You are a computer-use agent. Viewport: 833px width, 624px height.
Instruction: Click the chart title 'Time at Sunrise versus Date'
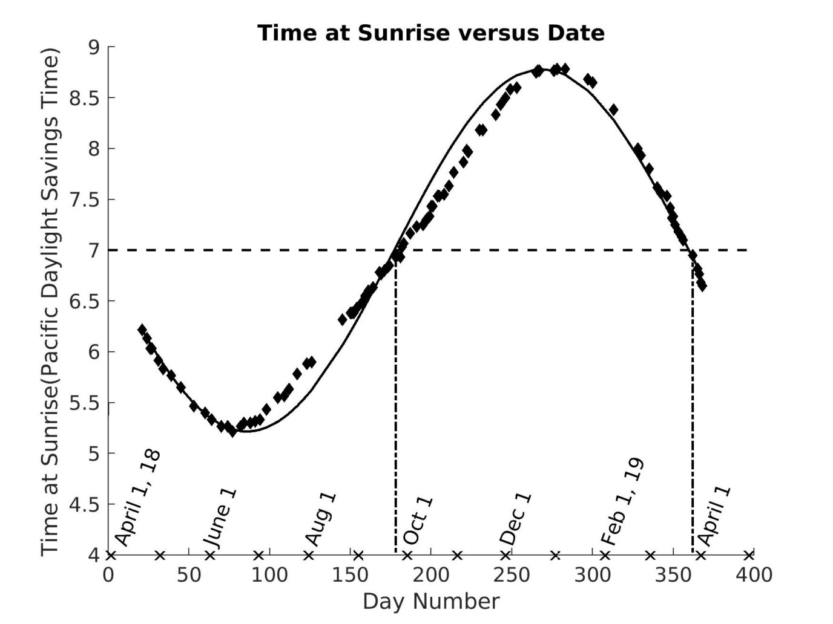[430, 33]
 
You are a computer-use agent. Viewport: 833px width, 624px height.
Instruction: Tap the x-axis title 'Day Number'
[430, 602]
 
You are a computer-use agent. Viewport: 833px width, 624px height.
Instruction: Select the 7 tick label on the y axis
[94, 250]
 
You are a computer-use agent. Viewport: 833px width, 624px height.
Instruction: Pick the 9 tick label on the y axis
[94, 47]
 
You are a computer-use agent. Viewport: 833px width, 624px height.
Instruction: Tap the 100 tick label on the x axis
[269, 574]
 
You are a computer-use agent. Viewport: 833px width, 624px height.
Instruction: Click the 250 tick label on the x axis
[511, 574]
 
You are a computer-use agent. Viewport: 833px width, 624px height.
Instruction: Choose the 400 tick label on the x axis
[753, 574]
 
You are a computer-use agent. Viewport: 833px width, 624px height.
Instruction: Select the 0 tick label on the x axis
[108, 574]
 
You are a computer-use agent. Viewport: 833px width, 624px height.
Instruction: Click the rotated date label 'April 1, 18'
[138, 497]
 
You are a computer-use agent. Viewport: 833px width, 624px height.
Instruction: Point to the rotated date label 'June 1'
[220, 518]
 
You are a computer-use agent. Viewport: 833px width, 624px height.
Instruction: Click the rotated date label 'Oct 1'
[418, 521]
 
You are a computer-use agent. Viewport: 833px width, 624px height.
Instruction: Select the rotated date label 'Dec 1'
[516, 519]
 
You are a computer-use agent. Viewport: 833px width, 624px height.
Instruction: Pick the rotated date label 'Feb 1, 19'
[622, 502]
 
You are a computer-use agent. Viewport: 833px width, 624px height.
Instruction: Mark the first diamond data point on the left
[142, 330]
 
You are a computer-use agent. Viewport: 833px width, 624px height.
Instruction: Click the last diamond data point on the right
[702, 285]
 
